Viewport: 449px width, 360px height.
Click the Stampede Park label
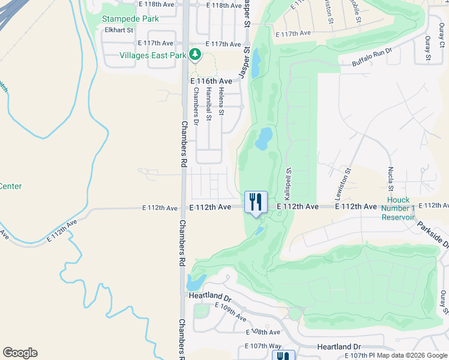coord(130,19)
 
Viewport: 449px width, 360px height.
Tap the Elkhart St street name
coord(117,29)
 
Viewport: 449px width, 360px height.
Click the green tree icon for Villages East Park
coord(194,55)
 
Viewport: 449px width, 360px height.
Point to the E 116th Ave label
coord(211,80)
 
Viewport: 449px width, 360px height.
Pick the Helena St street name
coord(221,101)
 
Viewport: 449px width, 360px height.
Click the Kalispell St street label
coord(288,184)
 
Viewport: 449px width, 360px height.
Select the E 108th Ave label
coord(263,332)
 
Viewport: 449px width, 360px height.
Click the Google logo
coord(20,353)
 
